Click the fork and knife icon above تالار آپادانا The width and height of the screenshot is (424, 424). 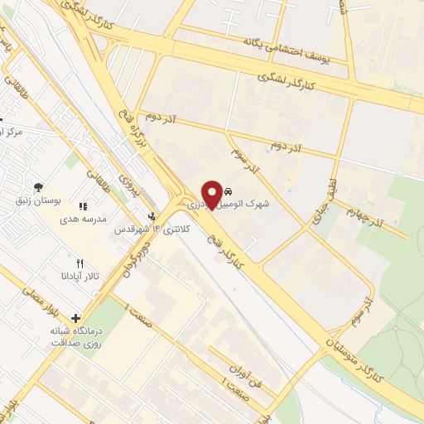click(80, 263)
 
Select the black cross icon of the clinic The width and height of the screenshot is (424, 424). click(76, 318)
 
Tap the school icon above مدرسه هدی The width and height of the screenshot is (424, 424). click(82, 206)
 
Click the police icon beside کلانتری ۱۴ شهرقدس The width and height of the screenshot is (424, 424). click(152, 223)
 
